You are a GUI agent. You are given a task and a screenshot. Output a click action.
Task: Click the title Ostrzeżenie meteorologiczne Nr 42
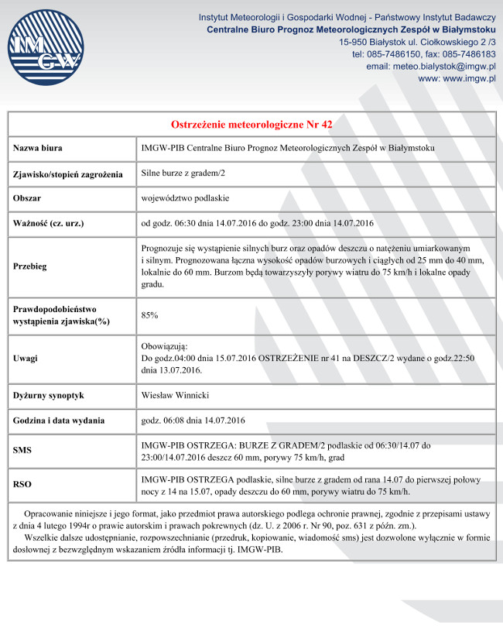click(x=251, y=124)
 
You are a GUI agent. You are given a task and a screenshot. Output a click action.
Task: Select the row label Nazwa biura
click(x=38, y=148)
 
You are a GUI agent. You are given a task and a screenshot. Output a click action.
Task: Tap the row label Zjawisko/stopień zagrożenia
click(x=68, y=174)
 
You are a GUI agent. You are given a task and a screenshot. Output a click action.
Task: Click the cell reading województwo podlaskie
click(x=185, y=198)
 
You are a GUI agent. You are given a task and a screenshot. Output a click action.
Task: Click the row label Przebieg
click(x=30, y=266)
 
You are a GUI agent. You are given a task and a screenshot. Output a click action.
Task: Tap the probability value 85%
click(x=150, y=315)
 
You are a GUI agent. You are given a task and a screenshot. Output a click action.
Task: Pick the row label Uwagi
click(x=26, y=359)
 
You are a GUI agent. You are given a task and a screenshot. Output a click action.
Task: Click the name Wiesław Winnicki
click(x=175, y=396)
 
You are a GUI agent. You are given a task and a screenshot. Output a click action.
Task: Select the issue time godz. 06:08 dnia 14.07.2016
click(x=193, y=421)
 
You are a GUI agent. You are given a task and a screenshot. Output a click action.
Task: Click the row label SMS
click(x=22, y=450)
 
